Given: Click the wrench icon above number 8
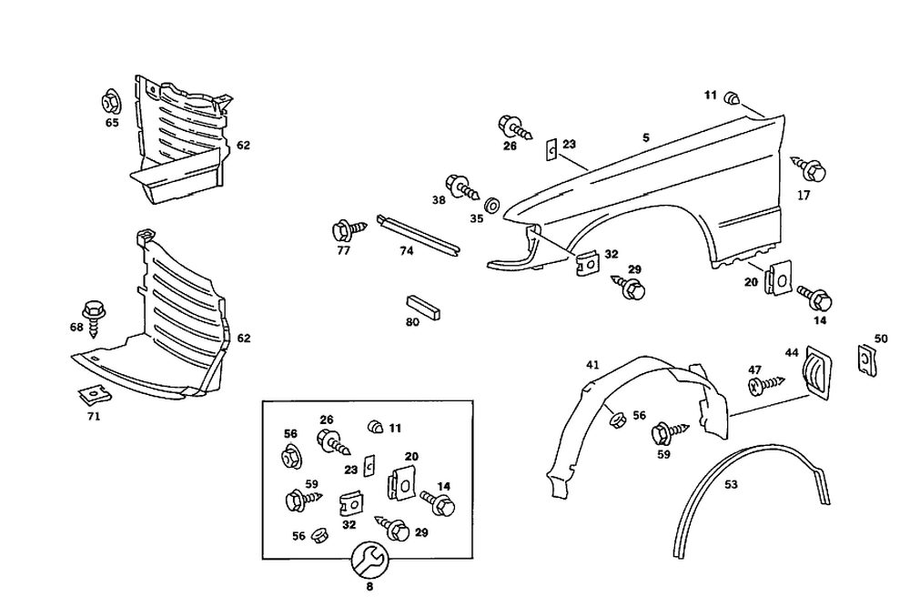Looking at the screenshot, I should point(369,559).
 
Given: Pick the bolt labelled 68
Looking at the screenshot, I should point(94,313).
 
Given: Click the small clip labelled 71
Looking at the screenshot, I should point(88,396).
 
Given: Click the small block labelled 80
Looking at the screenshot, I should point(421,305).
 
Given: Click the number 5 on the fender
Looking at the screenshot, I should point(645,138).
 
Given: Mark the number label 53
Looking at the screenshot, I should point(731,485).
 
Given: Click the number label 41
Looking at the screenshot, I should point(592,365).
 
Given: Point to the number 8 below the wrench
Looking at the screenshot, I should point(369,587).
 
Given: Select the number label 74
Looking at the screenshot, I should point(406,251).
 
